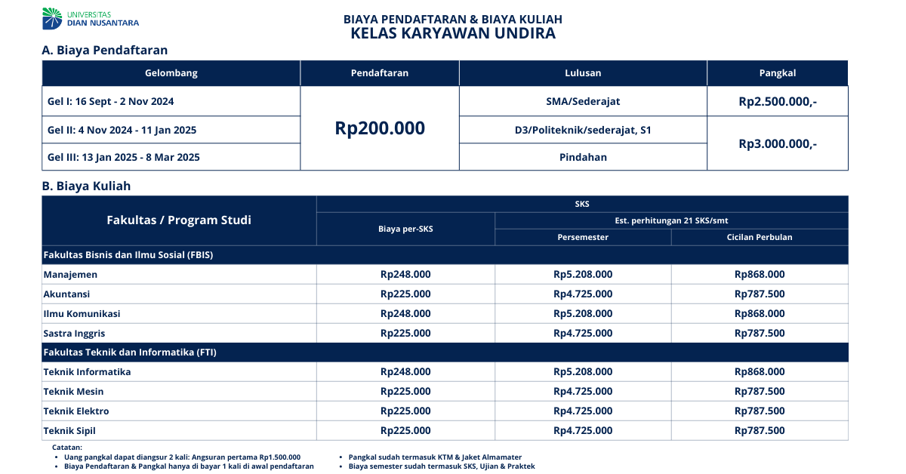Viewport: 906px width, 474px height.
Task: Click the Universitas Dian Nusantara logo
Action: coord(91,18)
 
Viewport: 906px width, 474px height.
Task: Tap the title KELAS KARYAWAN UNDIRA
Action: coord(453,33)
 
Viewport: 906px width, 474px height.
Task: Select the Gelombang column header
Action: coord(171,73)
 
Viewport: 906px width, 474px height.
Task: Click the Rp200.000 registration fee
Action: coord(380,128)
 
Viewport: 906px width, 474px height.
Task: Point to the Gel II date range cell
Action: coord(122,130)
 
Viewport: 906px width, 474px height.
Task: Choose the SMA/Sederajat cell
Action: coord(583,101)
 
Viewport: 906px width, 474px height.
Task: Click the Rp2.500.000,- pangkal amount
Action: coord(778,101)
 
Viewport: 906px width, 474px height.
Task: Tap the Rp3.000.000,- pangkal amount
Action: coord(778,143)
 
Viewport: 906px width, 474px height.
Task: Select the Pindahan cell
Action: coord(583,157)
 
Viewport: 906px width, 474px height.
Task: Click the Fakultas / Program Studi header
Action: coord(179,220)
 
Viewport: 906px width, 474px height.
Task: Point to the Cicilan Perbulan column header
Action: coord(760,237)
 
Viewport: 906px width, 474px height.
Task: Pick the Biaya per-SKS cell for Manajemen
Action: coord(405,275)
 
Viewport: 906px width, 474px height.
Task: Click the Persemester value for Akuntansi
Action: coord(583,294)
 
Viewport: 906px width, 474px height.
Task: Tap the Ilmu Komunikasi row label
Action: coord(82,314)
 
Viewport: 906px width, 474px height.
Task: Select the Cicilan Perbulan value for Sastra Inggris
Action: coord(760,334)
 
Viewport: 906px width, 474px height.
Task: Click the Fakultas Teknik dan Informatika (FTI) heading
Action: coord(131,352)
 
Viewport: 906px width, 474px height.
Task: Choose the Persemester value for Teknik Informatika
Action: coord(583,372)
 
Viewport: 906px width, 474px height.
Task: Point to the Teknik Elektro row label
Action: coord(76,411)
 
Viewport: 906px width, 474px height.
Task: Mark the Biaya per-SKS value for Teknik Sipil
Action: coord(405,431)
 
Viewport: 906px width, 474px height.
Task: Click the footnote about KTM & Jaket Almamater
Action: coord(435,457)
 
